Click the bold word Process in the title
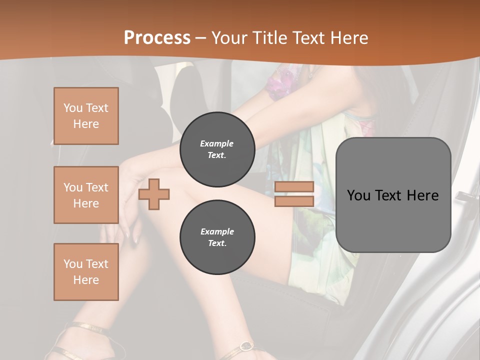[x=157, y=37]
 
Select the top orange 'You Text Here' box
[x=86, y=116]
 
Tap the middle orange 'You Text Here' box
[x=86, y=195]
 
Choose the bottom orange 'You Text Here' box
[x=86, y=271]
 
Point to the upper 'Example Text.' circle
[x=217, y=149]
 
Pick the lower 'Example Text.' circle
[x=217, y=237]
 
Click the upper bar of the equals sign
[x=294, y=187]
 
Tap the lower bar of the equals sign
[x=294, y=201]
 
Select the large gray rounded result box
[x=393, y=194]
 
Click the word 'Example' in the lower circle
[x=217, y=231]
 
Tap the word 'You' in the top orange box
[x=73, y=108]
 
